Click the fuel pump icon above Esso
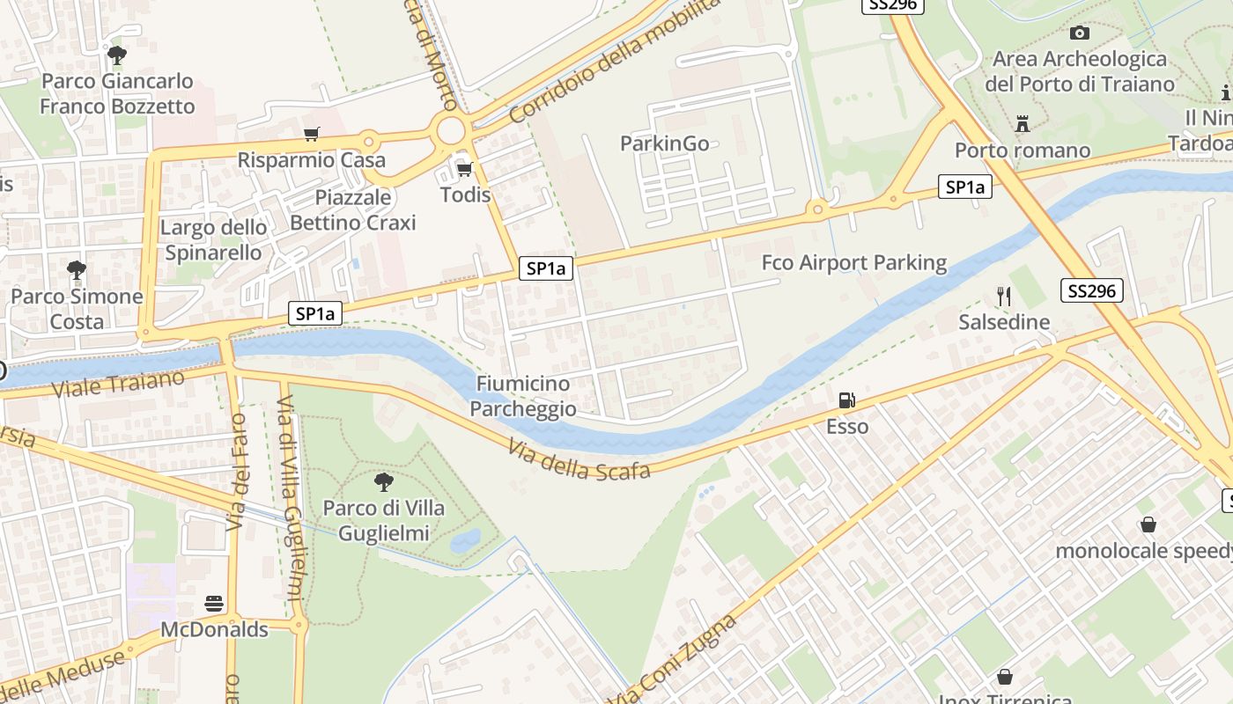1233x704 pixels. click(x=846, y=400)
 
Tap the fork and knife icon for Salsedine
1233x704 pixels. click(x=1003, y=297)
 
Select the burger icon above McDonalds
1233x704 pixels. click(x=214, y=604)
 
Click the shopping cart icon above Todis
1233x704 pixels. click(x=464, y=169)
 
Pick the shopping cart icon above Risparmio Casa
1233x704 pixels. click(x=311, y=135)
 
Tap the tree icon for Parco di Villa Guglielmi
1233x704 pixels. click(x=383, y=481)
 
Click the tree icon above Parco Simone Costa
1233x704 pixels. click(x=77, y=269)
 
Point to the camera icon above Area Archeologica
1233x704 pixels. click(x=1079, y=33)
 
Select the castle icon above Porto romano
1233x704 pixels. click(x=1022, y=124)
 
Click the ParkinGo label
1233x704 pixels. click(x=664, y=143)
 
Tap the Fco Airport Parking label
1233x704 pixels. click(x=853, y=262)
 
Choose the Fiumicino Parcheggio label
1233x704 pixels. click(x=523, y=396)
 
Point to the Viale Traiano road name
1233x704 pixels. click(x=118, y=385)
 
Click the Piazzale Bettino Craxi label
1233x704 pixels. click(x=352, y=209)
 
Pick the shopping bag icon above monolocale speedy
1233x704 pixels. click(x=1148, y=524)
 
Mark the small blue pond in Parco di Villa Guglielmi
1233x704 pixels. click(x=465, y=540)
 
